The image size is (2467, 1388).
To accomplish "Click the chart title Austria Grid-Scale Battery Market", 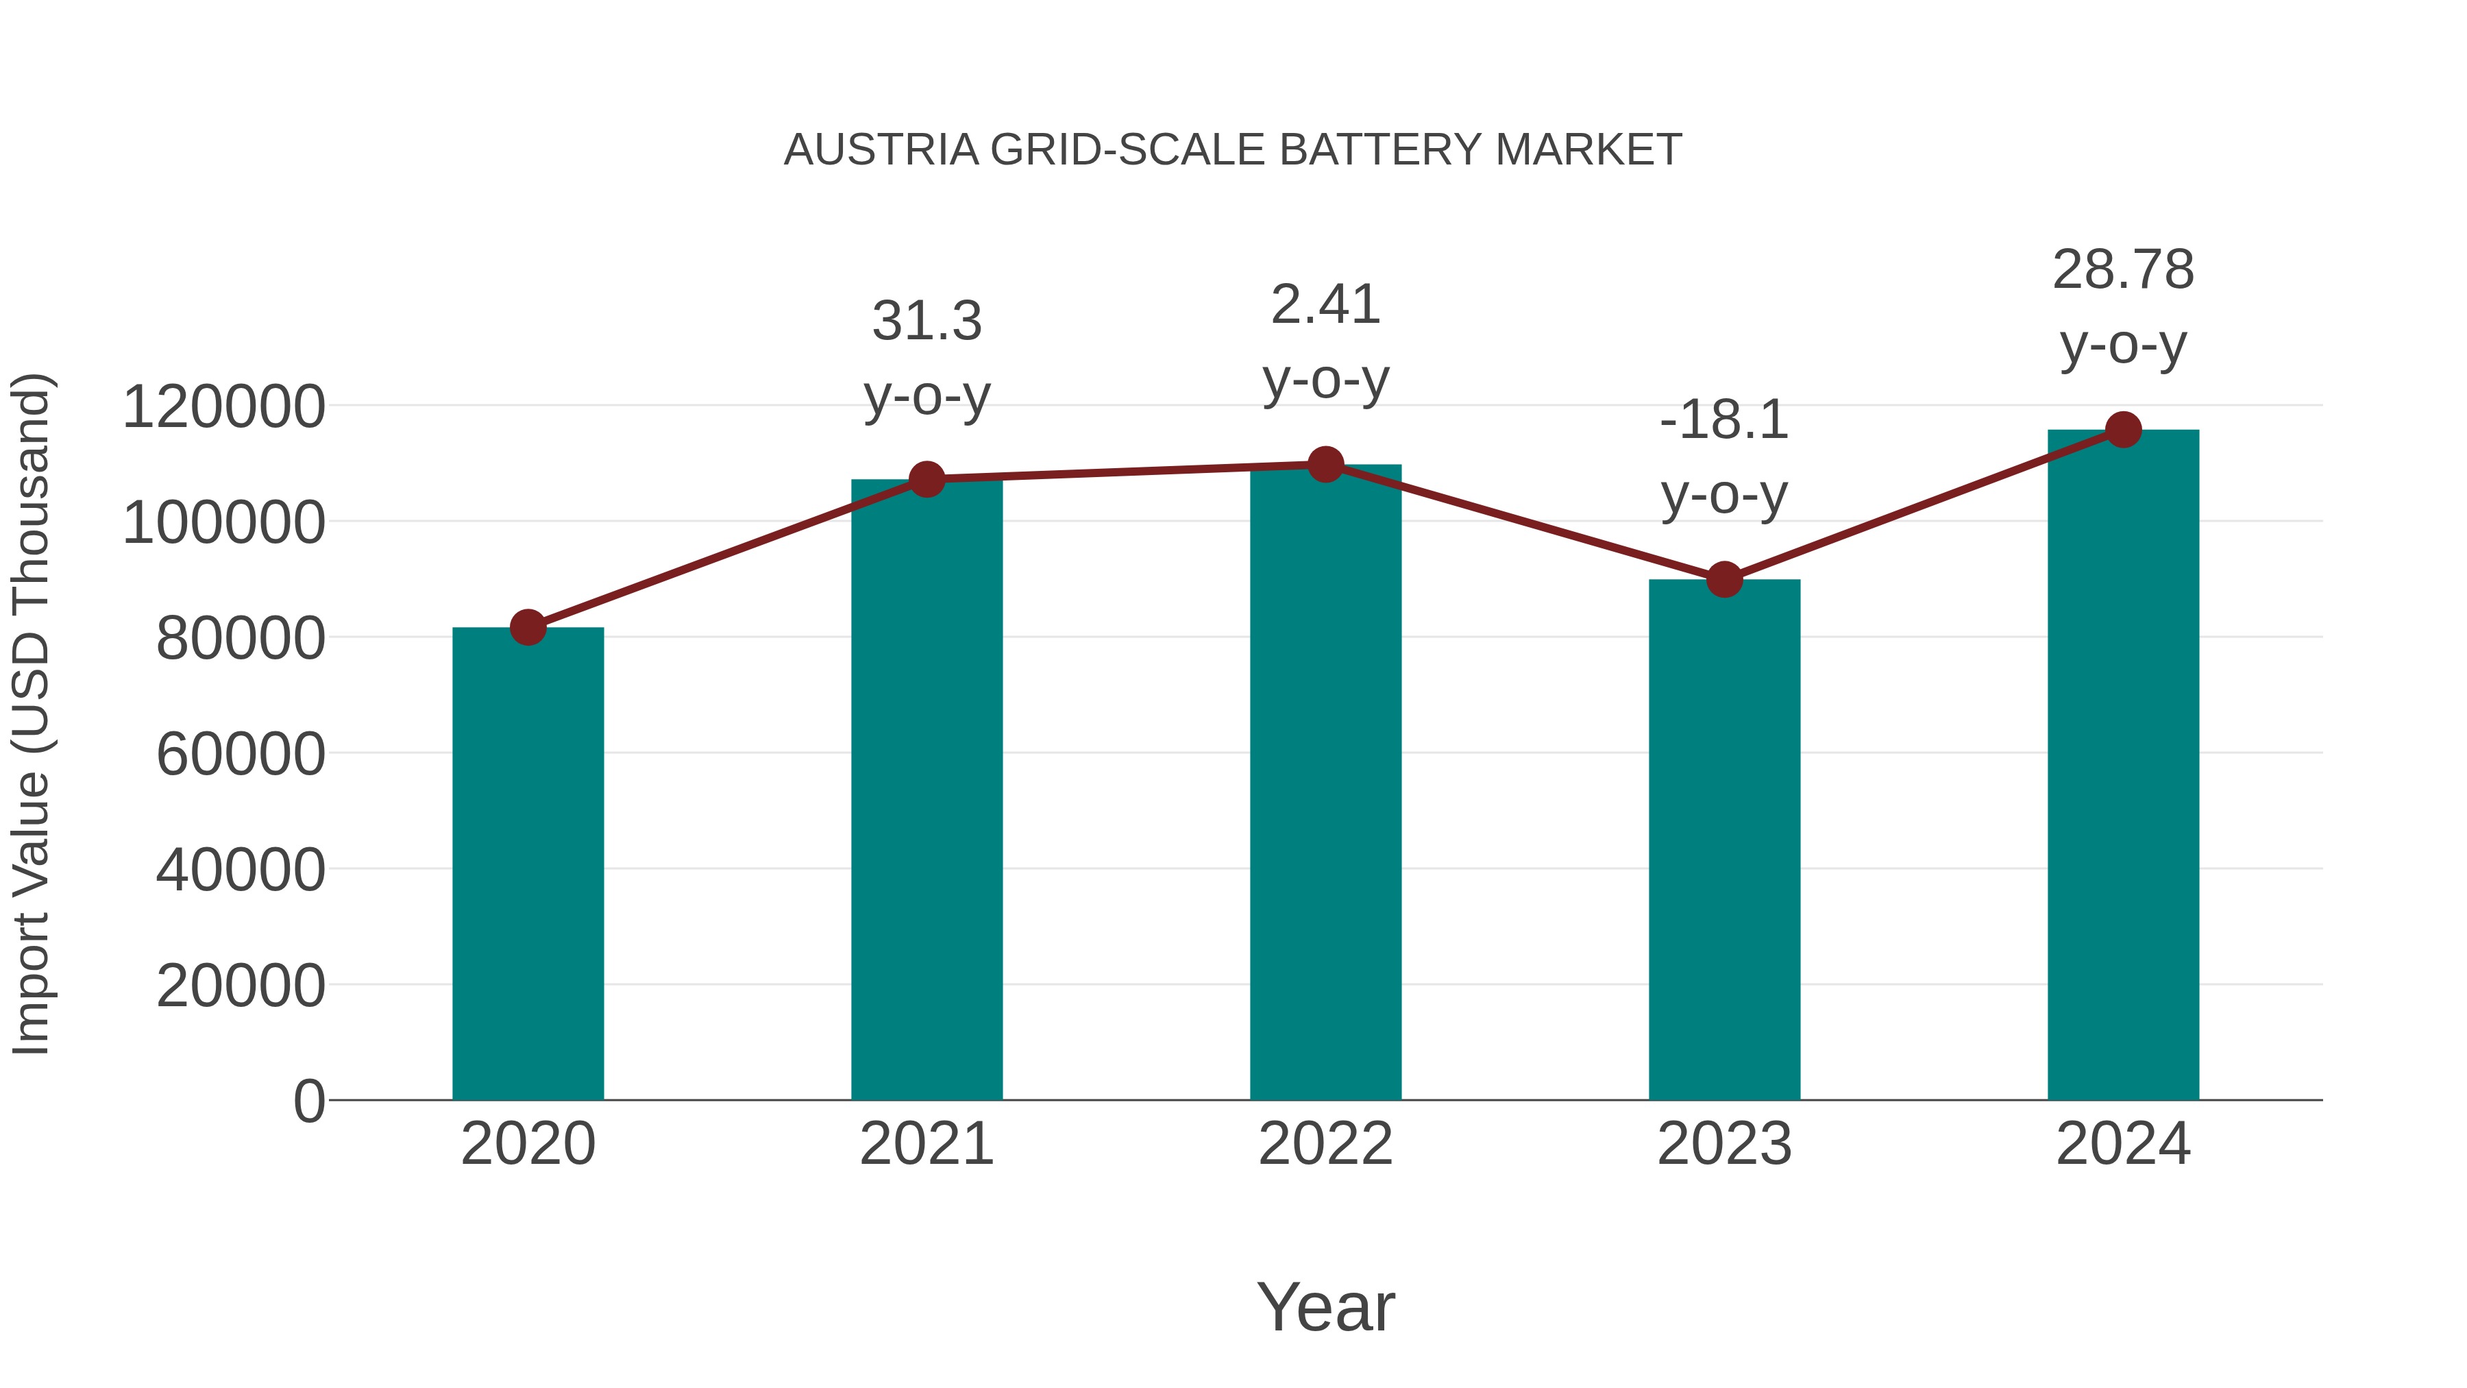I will click(x=1233, y=150).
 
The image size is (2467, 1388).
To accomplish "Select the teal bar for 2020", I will click(x=528, y=862).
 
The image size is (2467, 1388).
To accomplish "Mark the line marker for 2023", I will click(x=1724, y=579).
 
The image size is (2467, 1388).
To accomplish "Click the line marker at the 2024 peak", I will click(x=2123, y=430).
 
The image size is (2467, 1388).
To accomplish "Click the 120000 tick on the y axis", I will click(x=224, y=406).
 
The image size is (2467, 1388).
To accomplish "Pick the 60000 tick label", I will click(x=241, y=754).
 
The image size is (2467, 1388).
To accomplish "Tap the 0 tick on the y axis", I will click(x=309, y=1101).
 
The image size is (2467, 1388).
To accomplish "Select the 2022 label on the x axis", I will click(x=1325, y=1144).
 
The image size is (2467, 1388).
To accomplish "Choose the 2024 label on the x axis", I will click(x=2123, y=1144).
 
